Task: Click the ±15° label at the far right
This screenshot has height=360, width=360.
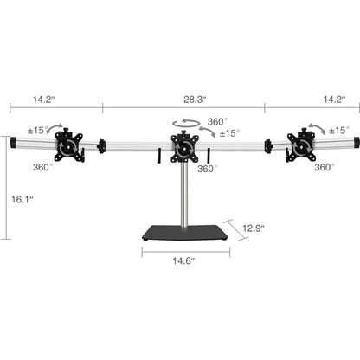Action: point(339,129)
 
